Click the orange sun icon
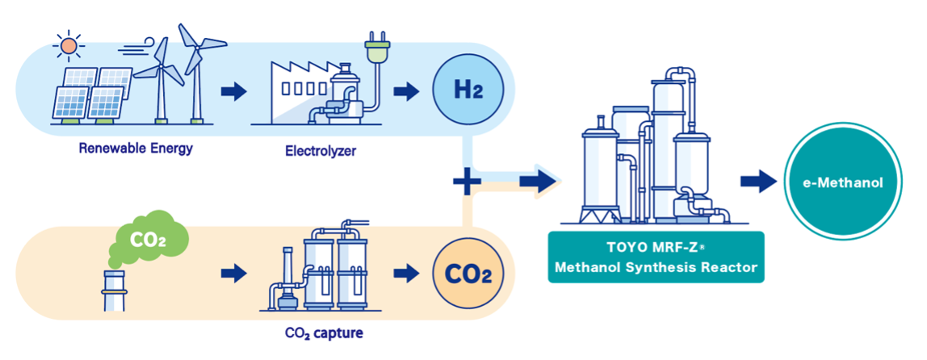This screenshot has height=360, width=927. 69,46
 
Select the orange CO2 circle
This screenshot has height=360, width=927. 468,274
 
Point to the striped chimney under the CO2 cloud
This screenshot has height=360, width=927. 115,291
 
